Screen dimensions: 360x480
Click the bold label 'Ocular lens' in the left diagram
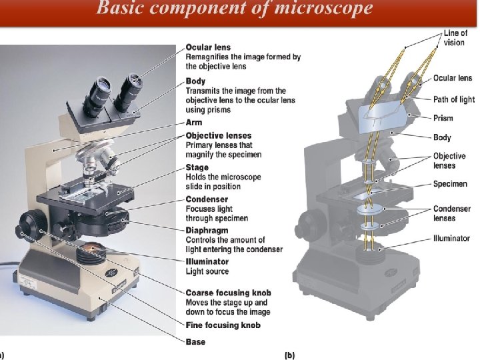coord(208,47)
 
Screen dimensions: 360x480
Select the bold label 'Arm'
coord(194,123)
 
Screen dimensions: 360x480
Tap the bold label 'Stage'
coord(197,167)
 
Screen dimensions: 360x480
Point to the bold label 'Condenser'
coord(207,199)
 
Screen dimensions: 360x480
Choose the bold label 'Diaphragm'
coord(208,231)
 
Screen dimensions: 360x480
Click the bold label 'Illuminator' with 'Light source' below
coord(207,262)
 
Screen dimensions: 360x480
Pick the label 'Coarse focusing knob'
coord(228,293)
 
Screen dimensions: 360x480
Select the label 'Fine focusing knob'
coord(223,325)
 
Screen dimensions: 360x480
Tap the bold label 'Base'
coord(195,342)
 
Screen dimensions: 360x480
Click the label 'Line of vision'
coord(456,37)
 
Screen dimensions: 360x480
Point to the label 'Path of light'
coord(454,99)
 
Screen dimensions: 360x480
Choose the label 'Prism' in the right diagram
coord(443,118)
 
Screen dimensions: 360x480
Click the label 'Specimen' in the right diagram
coord(450,184)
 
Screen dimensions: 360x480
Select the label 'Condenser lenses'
coord(452,213)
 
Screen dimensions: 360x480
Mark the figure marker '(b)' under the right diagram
coord(290,355)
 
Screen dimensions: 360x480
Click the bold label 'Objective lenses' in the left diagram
coord(219,136)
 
